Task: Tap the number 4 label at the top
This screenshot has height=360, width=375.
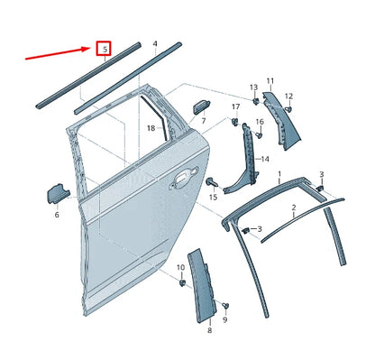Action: [155, 43]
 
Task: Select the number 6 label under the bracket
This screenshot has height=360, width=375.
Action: [56, 215]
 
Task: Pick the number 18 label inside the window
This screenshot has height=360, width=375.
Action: [151, 128]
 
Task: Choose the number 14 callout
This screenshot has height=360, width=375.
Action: [264, 160]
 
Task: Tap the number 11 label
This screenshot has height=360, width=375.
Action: [270, 81]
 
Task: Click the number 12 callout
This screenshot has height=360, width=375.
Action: [288, 96]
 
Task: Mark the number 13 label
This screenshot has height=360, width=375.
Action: [252, 87]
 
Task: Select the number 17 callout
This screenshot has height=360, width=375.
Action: [235, 107]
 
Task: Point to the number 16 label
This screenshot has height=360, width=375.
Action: [259, 122]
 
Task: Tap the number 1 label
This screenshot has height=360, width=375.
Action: [279, 172]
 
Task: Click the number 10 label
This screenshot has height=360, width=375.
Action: [179, 268]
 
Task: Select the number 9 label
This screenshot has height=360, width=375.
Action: [225, 318]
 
